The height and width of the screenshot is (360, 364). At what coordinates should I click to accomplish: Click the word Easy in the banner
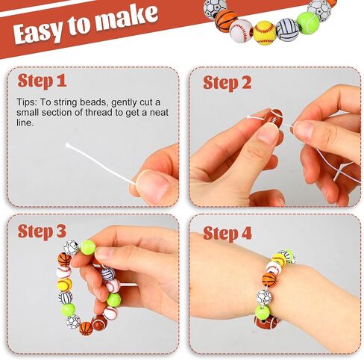coord(37,32)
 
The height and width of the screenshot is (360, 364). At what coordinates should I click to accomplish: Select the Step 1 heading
coord(42,81)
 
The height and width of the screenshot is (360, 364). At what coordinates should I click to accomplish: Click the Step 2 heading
coord(227,83)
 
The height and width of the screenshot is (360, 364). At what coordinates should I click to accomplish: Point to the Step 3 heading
coord(42,231)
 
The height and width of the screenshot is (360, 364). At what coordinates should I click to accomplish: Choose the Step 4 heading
coord(228,234)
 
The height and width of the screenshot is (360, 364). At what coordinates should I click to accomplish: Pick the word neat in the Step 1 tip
coord(159,112)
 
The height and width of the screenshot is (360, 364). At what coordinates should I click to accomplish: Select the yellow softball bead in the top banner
coord(264,33)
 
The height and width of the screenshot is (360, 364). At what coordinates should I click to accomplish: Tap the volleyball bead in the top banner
coord(287,29)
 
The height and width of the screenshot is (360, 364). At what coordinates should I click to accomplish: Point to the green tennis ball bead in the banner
coord(308,22)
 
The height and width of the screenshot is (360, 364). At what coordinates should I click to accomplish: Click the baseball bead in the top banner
coord(241,31)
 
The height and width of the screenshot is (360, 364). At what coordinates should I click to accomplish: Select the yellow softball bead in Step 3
coord(65,285)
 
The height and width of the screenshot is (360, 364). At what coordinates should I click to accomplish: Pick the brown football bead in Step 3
coord(99,323)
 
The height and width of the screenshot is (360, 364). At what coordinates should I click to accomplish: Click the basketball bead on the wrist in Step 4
coord(269,279)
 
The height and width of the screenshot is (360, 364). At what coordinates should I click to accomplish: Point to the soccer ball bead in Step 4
coord(264,297)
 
